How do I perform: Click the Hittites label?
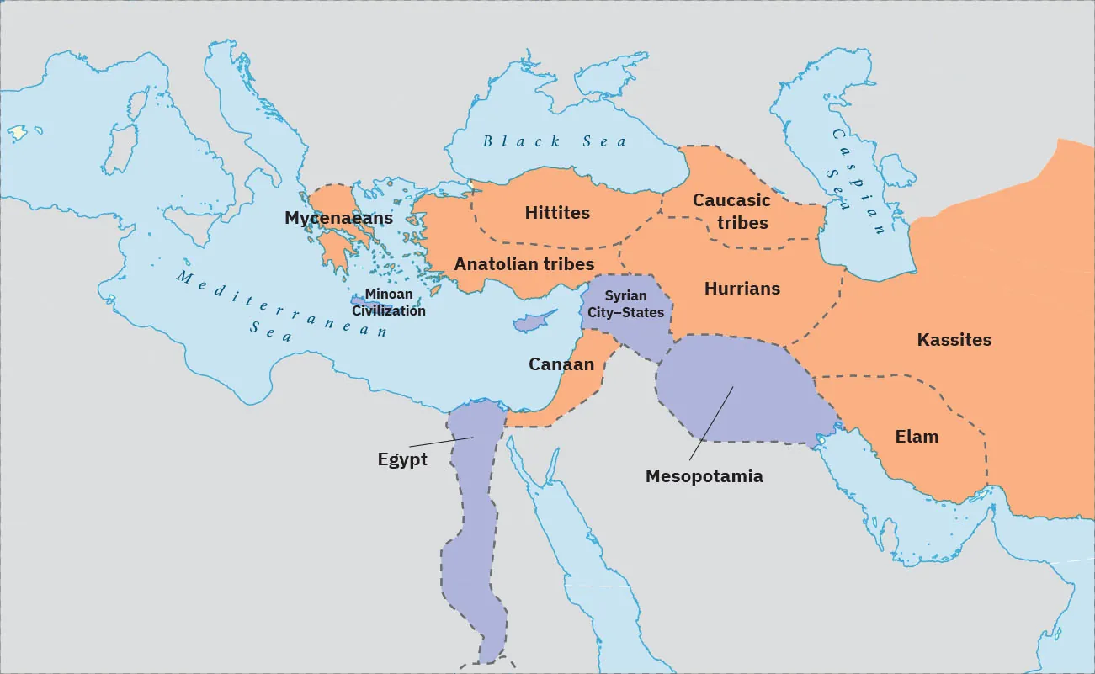tap(557, 213)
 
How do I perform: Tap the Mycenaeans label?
tap(338, 219)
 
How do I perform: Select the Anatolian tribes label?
tap(524, 264)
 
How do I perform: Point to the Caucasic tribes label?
tap(731, 211)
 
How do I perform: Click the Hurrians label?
tap(742, 289)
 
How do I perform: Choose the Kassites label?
tap(954, 340)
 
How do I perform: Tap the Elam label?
tap(917, 437)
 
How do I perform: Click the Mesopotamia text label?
tap(704, 476)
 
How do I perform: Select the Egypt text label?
tap(402, 460)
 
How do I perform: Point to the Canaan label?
tap(561, 364)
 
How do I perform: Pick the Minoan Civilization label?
tap(389, 303)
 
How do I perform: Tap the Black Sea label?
tap(555, 141)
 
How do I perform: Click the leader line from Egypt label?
tap(441, 442)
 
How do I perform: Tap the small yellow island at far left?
tap(17, 133)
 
